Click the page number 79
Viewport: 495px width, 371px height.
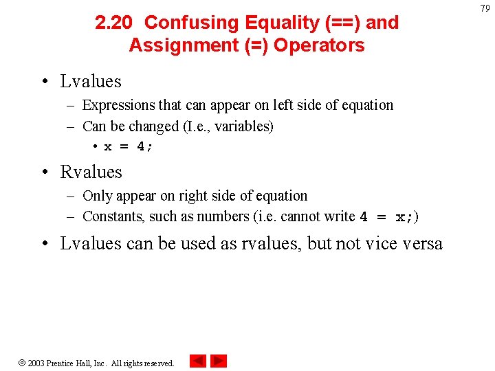click(485, 8)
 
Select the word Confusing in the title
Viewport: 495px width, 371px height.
click(185, 23)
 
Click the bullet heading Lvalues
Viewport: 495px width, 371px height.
click(91, 81)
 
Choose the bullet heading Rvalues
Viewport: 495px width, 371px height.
click(91, 172)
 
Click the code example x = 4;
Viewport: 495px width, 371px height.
click(129, 146)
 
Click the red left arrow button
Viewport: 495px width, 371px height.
click(197, 361)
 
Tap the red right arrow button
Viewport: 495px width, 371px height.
click(219, 361)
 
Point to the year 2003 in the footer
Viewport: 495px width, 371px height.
click(36, 363)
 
